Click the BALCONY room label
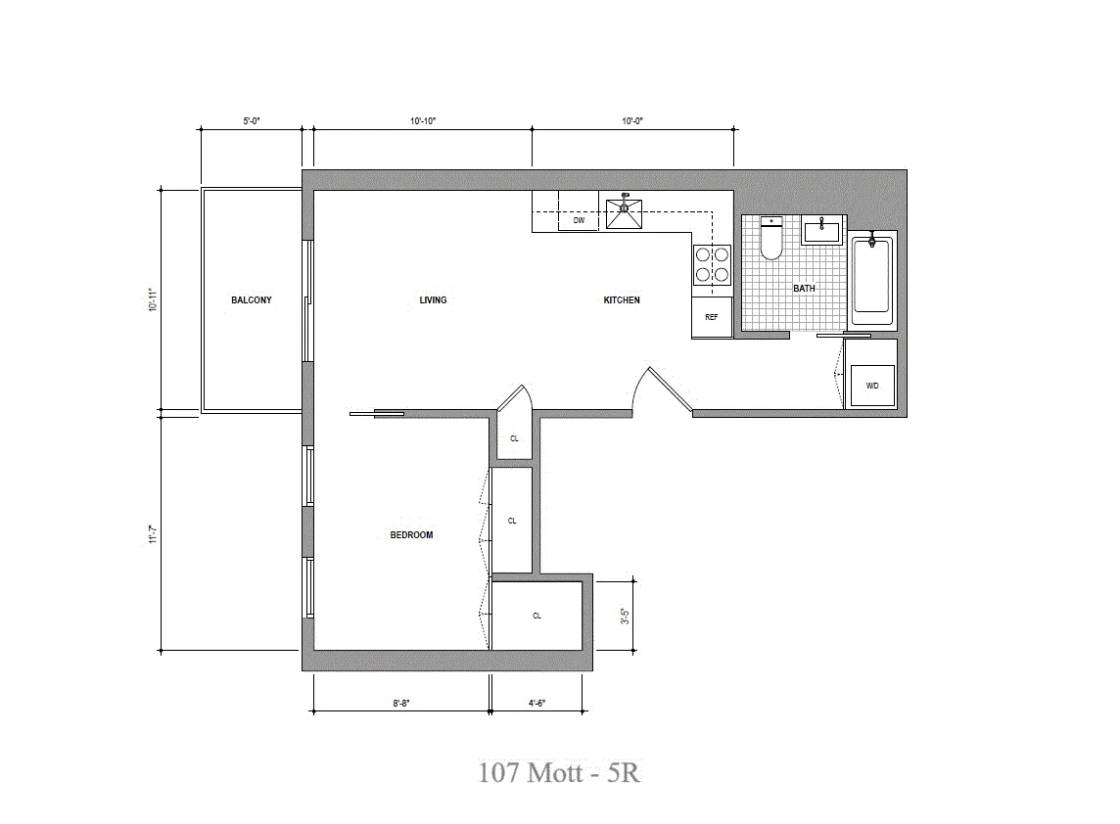pyautogui.click(x=252, y=299)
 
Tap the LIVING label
pyautogui.click(x=433, y=299)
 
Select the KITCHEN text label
pyautogui.click(x=622, y=299)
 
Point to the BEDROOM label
pyautogui.click(x=411, y=535)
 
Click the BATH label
pyautogui.click(x=804, y=289)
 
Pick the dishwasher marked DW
pyautogui.click(x=579, y=221)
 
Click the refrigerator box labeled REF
pyautogui.click(x=712, y=318)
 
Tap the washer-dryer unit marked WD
pyautogui.click(x=871, y=387)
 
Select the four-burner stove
pyautogui.click(x=712, y=263)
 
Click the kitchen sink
pyautogui.click(x=624, y=209)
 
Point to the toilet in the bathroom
pyautogui.click(x=771, y=239)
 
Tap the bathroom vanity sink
pyautogui.click(x=821, y=231)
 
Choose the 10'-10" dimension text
pyautogui.click(x=423, y=121)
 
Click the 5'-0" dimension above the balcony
pyautogui.click(x=252, y=121)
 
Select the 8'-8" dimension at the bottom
pyautogui.click(x=400, y=703)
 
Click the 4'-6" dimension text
pyautogui.click(x=537, y=703)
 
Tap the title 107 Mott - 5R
pyautogui.click(x=559, y=773)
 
